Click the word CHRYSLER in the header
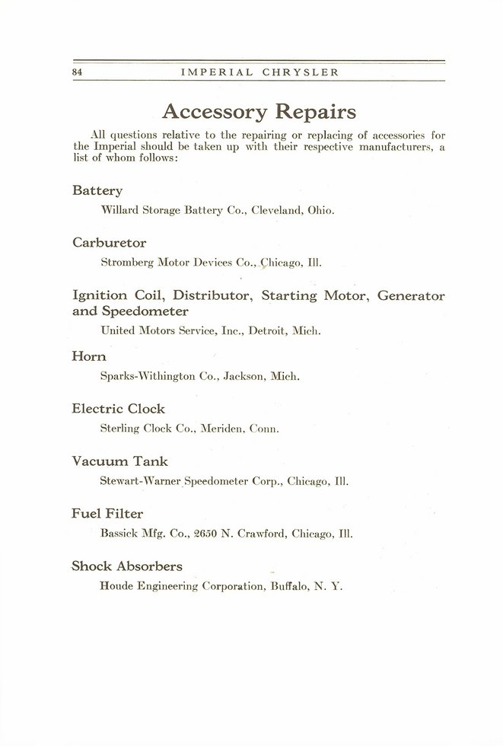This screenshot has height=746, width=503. click(x=301, y=72)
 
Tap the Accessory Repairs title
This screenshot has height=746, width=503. click(x=259, y=113)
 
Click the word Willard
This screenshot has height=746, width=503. click(x=118, y=210)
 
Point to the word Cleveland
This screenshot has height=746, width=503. click(x=282, y=210)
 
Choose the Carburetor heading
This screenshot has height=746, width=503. click(x=109, y=243)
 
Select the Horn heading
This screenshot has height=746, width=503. click(x=88, y=355)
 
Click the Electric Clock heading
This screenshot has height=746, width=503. click(x=118, y=409)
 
